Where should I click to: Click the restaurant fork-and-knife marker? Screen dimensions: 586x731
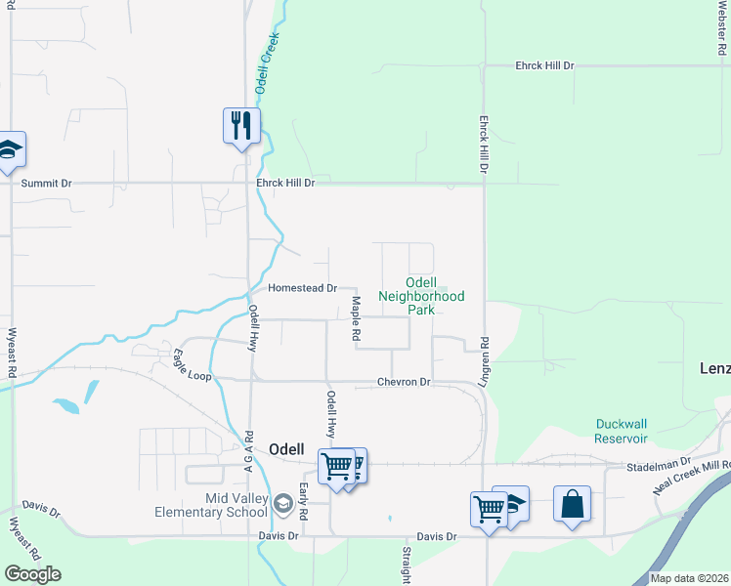coord(241,125)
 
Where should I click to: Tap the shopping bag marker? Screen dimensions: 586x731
coord(572,504)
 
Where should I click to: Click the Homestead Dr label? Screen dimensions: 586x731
coord(302,288)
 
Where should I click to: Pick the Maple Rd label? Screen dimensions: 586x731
coord(357,318)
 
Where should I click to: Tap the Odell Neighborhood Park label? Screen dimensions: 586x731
coord(421,295)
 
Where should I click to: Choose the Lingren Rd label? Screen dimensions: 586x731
coord(484,361)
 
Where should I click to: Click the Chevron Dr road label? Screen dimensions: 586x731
coord(404,382)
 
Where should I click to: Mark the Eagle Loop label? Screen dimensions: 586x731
coord(192,366)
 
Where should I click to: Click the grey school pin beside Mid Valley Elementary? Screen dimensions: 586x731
coord(283,504)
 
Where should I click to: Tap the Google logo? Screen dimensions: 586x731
coord(32,574)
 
